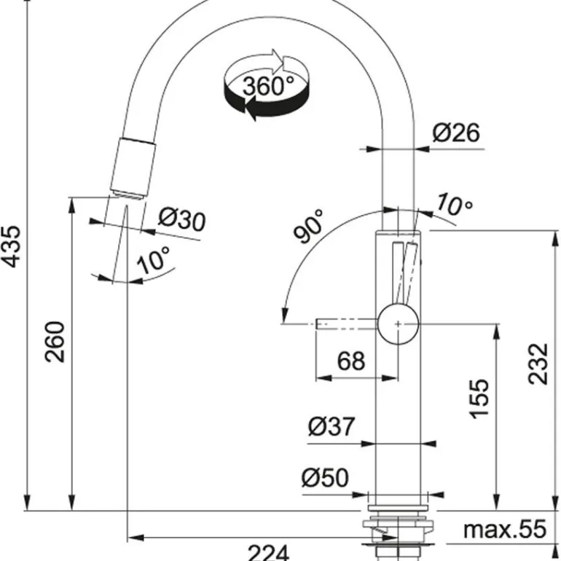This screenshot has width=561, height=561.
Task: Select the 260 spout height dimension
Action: click(x=57, y=341)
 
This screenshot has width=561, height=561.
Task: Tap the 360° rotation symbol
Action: click(x=266, y=86)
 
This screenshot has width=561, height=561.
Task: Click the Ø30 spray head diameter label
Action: click(x=181, y=219)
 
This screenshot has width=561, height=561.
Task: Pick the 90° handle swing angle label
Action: click(x=309, y=227)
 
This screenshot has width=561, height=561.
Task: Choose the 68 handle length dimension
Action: click(x=351, y=361)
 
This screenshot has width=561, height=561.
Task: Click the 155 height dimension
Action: click(x=479, y=398)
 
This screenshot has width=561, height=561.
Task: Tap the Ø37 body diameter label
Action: click(x=331, y=427)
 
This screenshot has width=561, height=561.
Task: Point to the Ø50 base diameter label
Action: click(x=325, y=478)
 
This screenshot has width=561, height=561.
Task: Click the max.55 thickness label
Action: click(x=504, y=530)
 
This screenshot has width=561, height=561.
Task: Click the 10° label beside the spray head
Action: click(x=154, y=260)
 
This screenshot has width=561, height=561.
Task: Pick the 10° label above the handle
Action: click(x=455, y=205)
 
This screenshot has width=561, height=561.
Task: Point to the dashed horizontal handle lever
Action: click(x=346, y=323)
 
